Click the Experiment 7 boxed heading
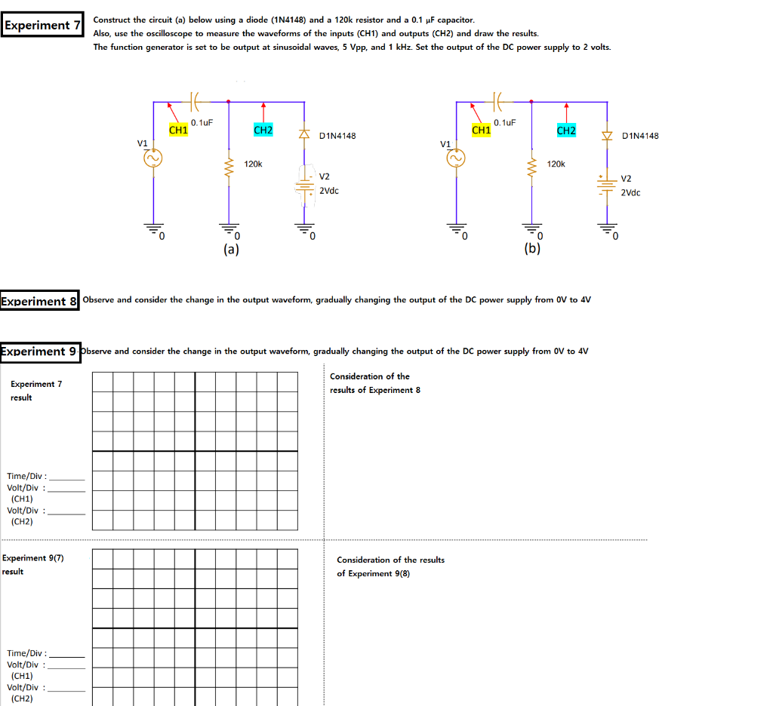click(x=42, y=25)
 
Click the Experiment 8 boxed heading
click(x=39, y=301)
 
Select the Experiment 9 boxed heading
click(x=38, y=351)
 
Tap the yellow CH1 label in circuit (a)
click(x=178, y=130)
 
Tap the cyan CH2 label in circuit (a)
click(x=263, y=130)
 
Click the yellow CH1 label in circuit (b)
click(x=481, y=130)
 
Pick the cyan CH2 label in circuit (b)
click(x=566, y=130)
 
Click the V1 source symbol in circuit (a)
click(x=154, y=158)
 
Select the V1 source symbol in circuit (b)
click(x=457, y=158)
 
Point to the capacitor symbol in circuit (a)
click(x=195, y=100)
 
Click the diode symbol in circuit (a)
click(x=305, y=135)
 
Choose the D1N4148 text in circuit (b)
click(x=640, y=136)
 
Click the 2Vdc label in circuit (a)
click(x=329, y=191)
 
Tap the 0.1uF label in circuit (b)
click(x=504, y=122)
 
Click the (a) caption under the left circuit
click(x=231, y=249)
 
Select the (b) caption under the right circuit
click(x=532, y=249)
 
